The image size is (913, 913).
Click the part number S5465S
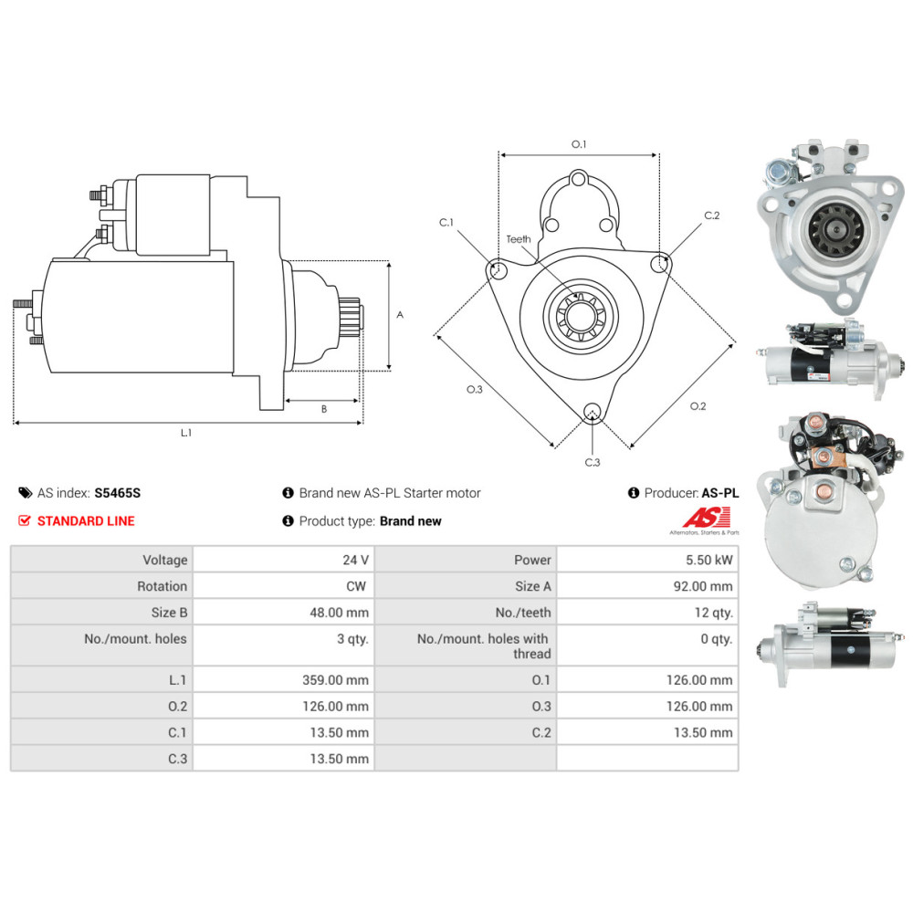[x=118, y=493]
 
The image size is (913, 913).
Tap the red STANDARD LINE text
[x=85, y=521]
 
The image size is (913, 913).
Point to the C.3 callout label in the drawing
[x=593, y=462]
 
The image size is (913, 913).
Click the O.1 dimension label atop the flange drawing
[x=578, y=144]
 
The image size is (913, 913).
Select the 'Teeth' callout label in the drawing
[x=519, y=239]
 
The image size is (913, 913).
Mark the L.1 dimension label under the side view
[x=185, y=433]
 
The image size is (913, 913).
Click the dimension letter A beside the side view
[x=400, y=314]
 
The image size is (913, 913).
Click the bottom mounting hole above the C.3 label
[x=593, y=411]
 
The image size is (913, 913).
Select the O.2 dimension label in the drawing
[x=698, y=406]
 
